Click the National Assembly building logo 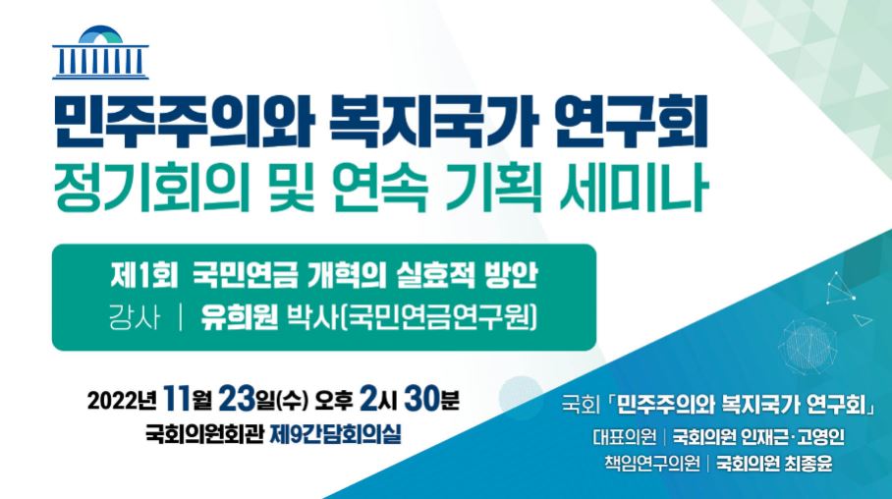pos(100,52)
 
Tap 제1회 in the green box pos(144,277)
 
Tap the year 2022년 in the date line pos(121,401)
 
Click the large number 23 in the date pos(235,399)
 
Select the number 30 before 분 pos(422,399)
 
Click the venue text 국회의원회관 pos(204,435)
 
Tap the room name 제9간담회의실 pos(335,435)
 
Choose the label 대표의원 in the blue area pos(624,437)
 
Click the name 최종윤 pos(808,464)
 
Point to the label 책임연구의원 pos(652,464)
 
